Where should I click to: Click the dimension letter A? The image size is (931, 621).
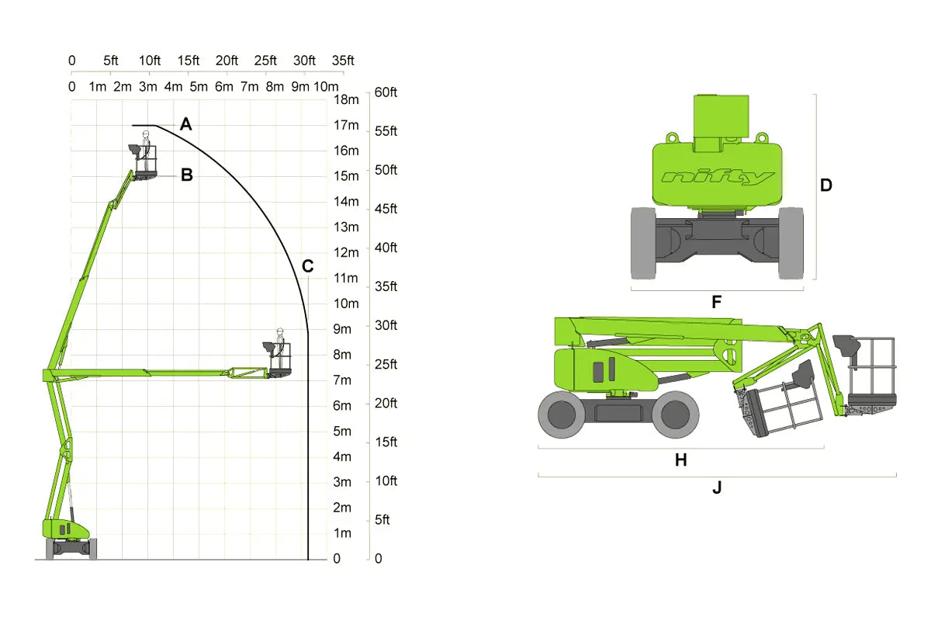(x=185, y=124)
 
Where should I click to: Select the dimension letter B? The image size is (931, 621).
(x=187, y=175)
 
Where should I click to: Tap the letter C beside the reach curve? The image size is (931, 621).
(x=307, y=266)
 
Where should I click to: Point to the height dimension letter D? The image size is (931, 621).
(x=825, y=185)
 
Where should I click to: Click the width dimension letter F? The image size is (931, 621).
(x=717, y=302)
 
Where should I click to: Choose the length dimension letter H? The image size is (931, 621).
(x=681, y=460)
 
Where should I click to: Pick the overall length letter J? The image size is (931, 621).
(x=717, y=487)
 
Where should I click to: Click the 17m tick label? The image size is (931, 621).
(x=346, y=125)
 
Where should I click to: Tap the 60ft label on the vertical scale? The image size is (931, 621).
(x=386, y=92)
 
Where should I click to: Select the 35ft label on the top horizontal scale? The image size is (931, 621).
(x=343, y=61)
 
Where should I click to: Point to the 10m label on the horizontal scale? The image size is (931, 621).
(x=327, y=86)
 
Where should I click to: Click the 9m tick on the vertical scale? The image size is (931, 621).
(x=342, y=329)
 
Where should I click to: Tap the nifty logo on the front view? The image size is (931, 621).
(x=718, y=178)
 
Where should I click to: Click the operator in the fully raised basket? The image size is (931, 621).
(x=146, y=150)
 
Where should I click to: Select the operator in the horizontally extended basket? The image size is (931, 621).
(x=280, y=347)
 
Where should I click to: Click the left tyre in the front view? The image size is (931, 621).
(x=643, y=243)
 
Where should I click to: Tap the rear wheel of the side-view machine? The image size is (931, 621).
(x=562, y=415)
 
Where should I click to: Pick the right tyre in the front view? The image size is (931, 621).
(x=791, y=243)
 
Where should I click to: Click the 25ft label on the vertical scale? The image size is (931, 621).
(x=386, y=364)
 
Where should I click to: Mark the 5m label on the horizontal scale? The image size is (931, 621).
(x=199, y=86)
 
